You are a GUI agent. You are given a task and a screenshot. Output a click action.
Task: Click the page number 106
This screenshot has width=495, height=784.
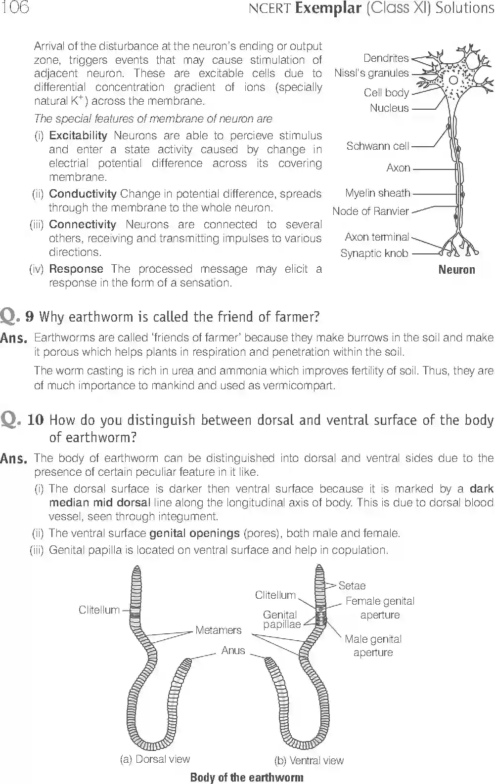pyautogui.click(x=15, y=7)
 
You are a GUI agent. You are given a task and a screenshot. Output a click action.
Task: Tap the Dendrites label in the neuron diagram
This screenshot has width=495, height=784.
pyautogui.click(x=386, y=58)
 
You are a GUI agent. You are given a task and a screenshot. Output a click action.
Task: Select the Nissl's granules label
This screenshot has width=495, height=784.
pyautogui.click(x=371, y=73)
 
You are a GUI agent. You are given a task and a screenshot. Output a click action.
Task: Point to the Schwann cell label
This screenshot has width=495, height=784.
pyautogui.click(x=377, y=146)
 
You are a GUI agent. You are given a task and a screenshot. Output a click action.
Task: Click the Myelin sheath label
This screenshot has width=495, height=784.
pyautogui.click(x=377, y=193)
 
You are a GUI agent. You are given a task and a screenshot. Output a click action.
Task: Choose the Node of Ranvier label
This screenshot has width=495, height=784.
pyautogui.click(x=370, y=211)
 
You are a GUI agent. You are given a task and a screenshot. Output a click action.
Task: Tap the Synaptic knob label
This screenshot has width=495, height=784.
pyautogui.click(x=374, y=253)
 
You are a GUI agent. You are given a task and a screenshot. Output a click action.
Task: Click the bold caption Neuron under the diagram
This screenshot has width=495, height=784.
pyautogui.click(x=456, y=270)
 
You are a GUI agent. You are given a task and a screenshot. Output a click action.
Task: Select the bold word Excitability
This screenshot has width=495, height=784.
pyautogui.click(x=78, y=135)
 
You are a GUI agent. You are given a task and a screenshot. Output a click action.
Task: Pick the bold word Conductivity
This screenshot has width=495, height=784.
pyautogui.click(x=83, y=194)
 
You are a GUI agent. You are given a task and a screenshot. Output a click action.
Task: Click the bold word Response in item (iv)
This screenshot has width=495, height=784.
pyautogui.click(x=76, y=269)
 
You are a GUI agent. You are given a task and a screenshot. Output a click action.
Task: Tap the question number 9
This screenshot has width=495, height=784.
pyautogui.click(x=29, y=317)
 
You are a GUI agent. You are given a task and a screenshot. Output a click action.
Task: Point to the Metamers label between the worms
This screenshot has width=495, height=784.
pyautogui.click(x=218, y=630)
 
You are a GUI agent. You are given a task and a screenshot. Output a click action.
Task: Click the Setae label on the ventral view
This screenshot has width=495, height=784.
pyautogui.click(x=352, y=586)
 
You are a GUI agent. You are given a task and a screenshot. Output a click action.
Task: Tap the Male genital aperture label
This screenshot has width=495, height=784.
pyautogui.click(x=373, y=646)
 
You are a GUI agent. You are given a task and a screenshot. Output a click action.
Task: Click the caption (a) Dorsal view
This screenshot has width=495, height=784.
pyautogui.click(x=155, y=759)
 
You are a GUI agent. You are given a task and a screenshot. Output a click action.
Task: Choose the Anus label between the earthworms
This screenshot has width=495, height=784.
pyautogui.click(x=233, y=651)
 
